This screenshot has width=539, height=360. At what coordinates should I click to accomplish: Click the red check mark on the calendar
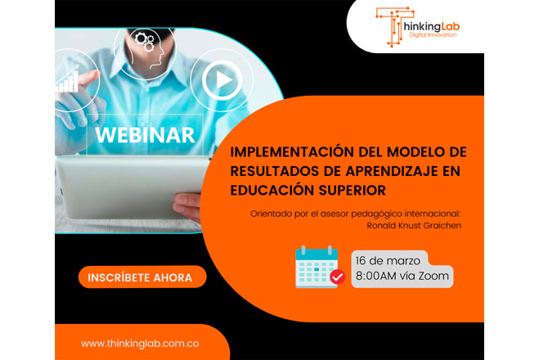[x=336, y=279]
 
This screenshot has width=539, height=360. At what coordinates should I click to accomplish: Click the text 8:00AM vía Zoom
[x=402, y=277]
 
